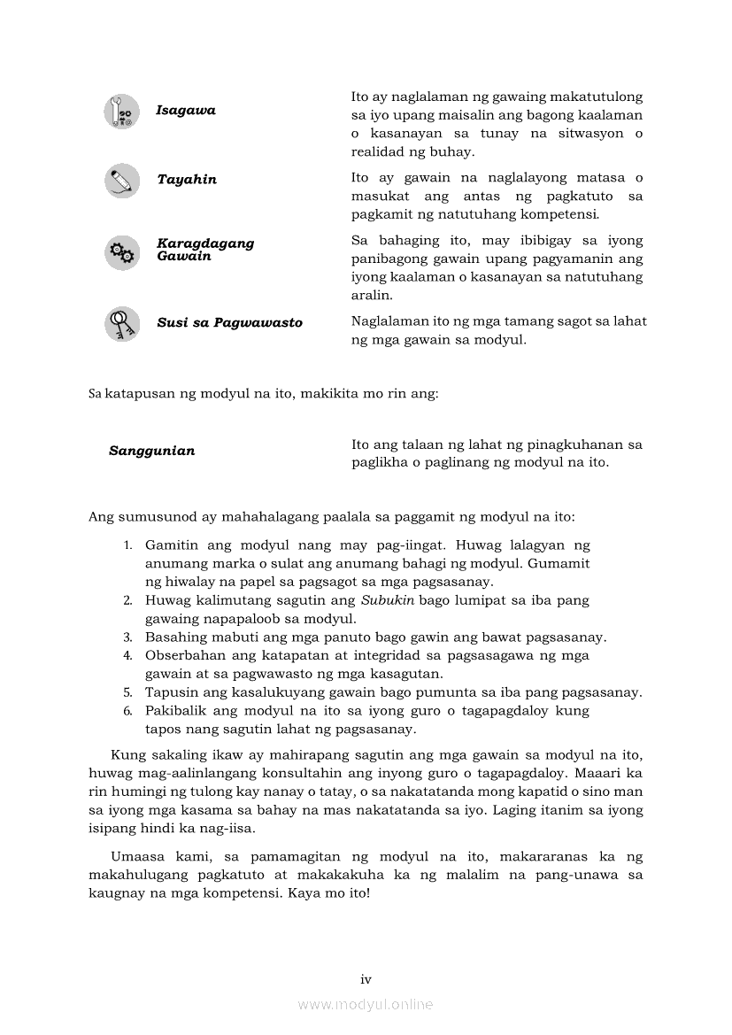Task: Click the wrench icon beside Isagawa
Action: click(x=122, y=112)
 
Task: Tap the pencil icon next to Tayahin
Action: click(x=122, y=181)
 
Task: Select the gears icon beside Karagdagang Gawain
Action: click(x=122, y=252)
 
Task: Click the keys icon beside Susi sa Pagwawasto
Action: click(x=122, y=323)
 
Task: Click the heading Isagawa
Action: click(x=186, y=111)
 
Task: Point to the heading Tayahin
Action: click(x=187, y=180)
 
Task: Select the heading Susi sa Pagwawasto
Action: click(x=229, y=323)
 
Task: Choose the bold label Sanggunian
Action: click(x=152, y=451)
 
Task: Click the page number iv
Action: click(x=366, y=979)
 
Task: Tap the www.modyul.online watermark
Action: click(x=366, y=1005)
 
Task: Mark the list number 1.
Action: click(x=127, y=545)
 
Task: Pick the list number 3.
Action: click(x=127, y=637)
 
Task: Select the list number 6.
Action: click(x=127, y=711)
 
